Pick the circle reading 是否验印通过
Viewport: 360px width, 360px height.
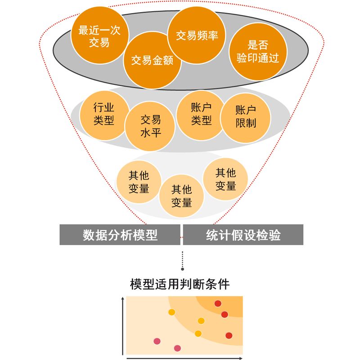pyautogui.click(x=258, y=52)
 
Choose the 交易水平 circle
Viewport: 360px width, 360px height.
pyautogui.click(x=150, y=126)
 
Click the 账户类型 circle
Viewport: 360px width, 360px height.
pyautogui.click(x=201, y=114)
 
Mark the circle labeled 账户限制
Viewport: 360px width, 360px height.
pyautogui.click(x=246, y=117)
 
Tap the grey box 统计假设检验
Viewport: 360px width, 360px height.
pyautogui.click(x=243, y=235)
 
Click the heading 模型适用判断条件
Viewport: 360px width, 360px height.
pyautogui.click(x=180, y=284)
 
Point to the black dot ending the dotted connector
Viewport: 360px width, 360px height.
pyautogui.click(x=182, y=269)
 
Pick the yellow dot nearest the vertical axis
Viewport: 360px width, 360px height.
pyautogui.click(x=171, y=312)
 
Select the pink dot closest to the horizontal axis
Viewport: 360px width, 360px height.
pyautogui.click(x=177, y=348)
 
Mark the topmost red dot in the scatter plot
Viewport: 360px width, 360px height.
pyautogui.click(x=218, y=303)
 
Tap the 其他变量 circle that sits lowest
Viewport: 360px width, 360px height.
pyautogui.click(x=182, y=196)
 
